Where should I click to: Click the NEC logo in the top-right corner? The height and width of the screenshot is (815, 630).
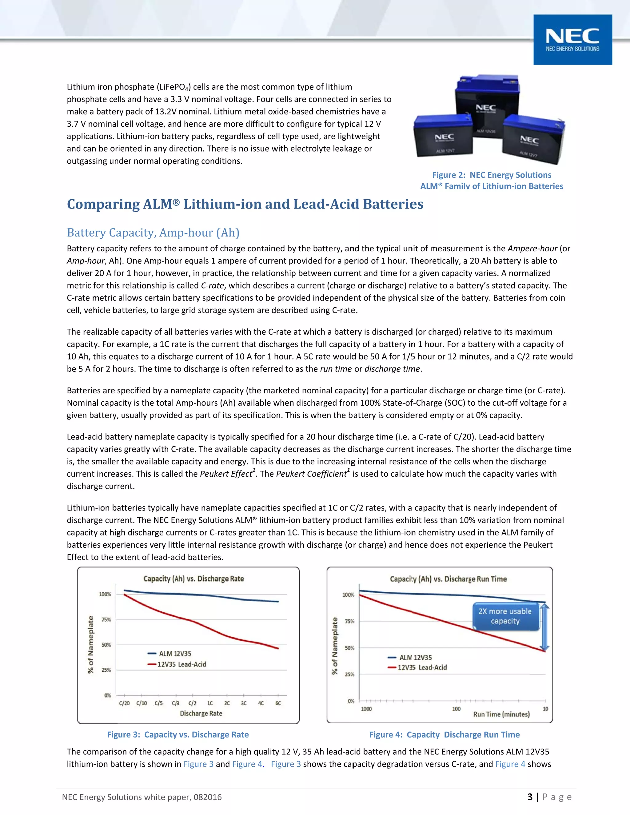tap(572, 40)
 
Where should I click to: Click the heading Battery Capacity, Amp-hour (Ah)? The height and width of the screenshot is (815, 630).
tap(153, 233)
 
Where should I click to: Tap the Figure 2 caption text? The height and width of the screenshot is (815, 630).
tap(492, 180)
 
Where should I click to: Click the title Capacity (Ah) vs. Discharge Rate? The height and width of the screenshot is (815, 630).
tap(194, 579)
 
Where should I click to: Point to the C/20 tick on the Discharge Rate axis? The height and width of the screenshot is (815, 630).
tap(124, 703)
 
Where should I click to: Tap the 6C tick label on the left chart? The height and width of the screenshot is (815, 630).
tap(278, 703)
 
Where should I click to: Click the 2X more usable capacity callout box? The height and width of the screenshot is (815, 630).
tap(505, 616)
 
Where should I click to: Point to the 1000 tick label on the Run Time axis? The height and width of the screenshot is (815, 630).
tap(366, 709)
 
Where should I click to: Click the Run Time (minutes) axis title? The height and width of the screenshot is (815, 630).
tap(501, 714)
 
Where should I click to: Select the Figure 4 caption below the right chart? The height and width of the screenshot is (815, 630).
tap(444, 734)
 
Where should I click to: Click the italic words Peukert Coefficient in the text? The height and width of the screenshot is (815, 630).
tap(312, 474)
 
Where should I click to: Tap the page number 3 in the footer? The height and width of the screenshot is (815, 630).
tap(530, 797)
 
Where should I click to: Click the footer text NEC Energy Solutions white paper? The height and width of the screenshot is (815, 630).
tap(142, 797)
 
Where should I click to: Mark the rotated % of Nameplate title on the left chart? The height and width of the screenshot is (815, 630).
tap(91, 644)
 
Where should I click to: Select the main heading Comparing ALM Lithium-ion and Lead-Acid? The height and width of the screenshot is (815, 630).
tap(245, 204)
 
